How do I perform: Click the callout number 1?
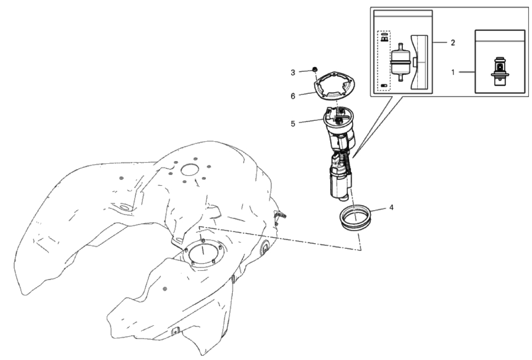(453, 72)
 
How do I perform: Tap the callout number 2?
(453, 43)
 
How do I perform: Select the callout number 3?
(293, 73)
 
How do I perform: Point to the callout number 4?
(391, 207)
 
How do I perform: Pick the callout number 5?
(293, 123)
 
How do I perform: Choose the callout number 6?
(293, 96)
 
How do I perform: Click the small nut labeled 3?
(314, 69)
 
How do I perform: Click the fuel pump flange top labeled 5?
(339, 117)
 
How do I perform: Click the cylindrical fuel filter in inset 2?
(401, 62)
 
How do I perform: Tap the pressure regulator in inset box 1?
(500, 70)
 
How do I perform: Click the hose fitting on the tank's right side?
(281, 215)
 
